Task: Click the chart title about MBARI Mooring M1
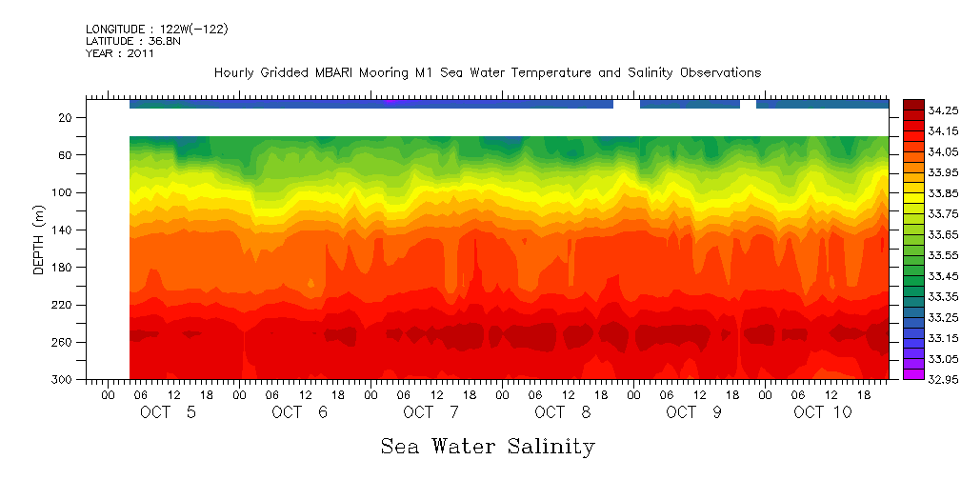point(487,72)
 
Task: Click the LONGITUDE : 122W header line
point(156,29)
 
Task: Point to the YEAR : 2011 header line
point(119,53)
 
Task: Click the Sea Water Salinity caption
point(488,446)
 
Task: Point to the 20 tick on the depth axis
point(67,117)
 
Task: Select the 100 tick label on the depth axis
point(64,192)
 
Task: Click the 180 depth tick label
point(64,268)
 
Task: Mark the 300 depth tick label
point(64,380)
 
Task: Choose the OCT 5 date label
point(168,412)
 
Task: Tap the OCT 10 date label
point(823,412)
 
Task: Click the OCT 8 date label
point(562,412)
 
